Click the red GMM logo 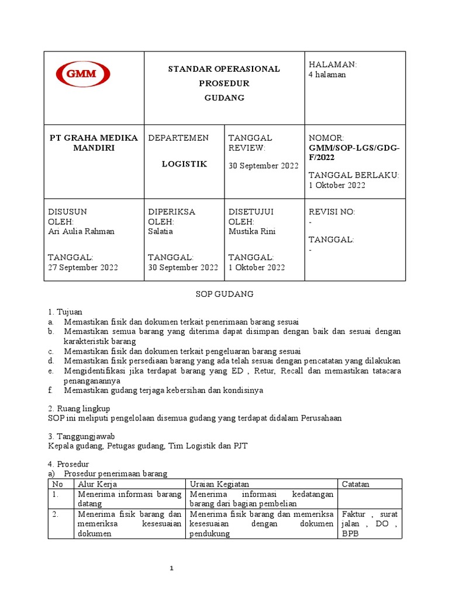coord(83,75)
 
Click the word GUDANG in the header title coord(224,98)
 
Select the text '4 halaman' coord(327,75)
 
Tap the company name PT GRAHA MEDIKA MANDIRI coord(94,142)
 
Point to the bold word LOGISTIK coord(184,164)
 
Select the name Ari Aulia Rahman coord(81,231)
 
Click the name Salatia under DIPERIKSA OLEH coord(161,231)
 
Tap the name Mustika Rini coord(251,231)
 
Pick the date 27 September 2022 coord(82,267)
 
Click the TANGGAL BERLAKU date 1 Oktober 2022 coord(337,185)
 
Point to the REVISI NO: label coord(331,212)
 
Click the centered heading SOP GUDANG coord(224,294)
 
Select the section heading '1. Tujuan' coord(65,312)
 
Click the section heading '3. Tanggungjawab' coord(81,436)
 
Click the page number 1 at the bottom coord(172,568)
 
